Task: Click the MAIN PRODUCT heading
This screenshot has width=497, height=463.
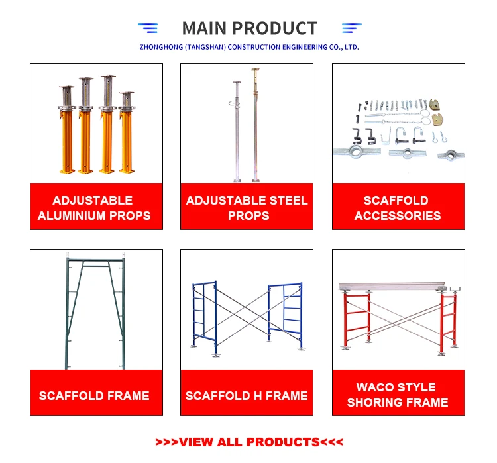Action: pos(249,28)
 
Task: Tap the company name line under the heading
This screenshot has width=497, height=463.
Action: pos(249,47)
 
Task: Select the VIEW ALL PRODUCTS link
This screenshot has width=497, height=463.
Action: pos(249,442)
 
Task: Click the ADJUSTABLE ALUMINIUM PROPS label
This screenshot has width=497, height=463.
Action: pos(94,208)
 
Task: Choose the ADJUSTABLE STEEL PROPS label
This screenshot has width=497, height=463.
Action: pos(247,208)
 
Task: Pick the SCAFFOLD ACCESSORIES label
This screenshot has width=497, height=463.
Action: pos(398,208)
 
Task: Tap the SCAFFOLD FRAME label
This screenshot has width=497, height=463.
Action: pos(94,396)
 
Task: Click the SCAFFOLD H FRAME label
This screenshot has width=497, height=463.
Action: pos(247,396)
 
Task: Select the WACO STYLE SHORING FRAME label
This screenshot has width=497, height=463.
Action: pos(398,395)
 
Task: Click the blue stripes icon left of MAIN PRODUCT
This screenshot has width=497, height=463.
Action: pos(148,28)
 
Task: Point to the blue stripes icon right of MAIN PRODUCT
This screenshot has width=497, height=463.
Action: pos(351,28)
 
